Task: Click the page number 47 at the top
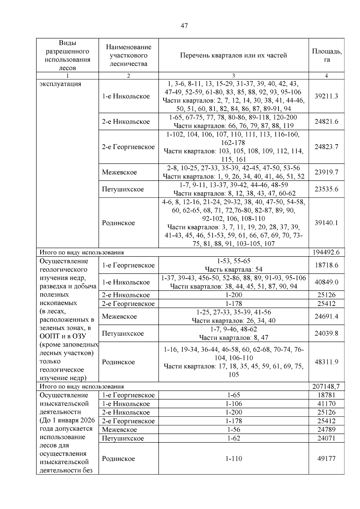point(184,26)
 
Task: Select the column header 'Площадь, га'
point(326,55)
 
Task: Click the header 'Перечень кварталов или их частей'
point(233,55)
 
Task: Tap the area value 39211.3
point(326,96)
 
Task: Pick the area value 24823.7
point(326,147)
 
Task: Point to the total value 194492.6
point(326,252)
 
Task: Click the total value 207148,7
point(326,386)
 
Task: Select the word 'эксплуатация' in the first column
point(60,84)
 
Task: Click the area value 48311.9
point(326,362)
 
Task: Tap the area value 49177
point(326,459)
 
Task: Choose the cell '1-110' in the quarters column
point(233,459)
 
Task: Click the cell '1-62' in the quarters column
point(233,438)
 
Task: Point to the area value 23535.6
point(326,189)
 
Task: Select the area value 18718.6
point(326,265)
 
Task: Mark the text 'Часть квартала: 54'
point(233,269)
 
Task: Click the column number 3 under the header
point(233,76)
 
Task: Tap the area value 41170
point(326,404)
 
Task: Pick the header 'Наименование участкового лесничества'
point(128,55)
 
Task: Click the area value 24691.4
point(326,316)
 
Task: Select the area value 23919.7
point(326,172)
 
